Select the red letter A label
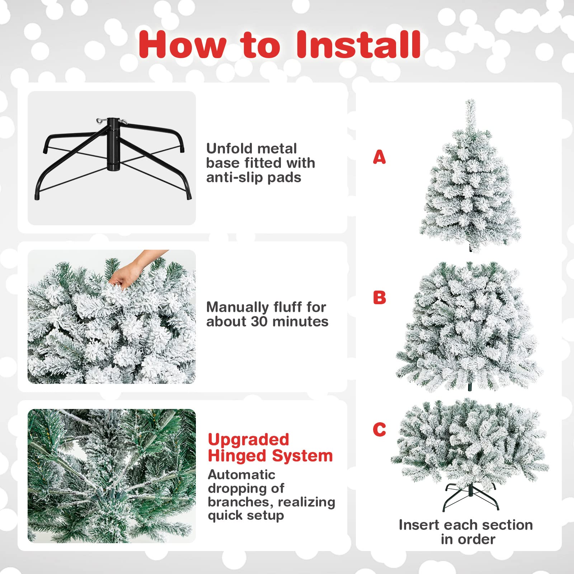[x=379, y=157]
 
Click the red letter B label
[x=380, y=297]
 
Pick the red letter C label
[x=379, y=429]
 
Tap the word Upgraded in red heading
[x=249, y=440]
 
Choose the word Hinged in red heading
[x=237, y=456]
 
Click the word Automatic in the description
[x=241, y=475]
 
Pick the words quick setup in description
[x=246, y=516]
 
